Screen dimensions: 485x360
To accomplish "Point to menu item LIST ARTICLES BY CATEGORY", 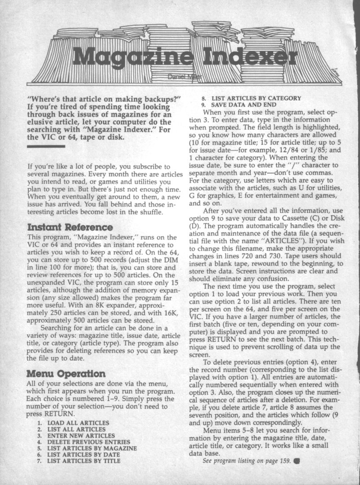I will (x=255, y=97).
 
